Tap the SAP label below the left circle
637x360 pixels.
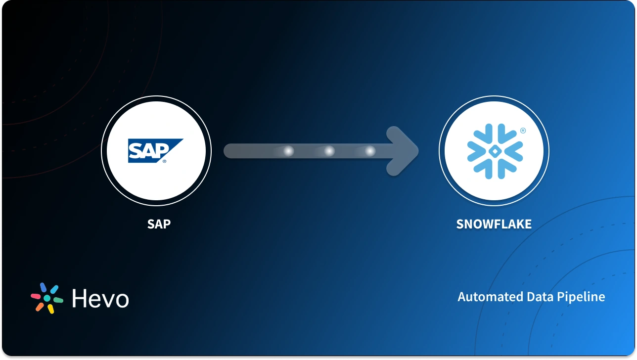(x=159, y=224)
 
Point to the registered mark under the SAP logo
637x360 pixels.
(x=164, y=161)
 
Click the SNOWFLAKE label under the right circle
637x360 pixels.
(x=494, y=224)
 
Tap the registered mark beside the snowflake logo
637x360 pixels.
(x=523, y=131)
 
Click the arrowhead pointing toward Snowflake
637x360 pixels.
(x=403, y=151)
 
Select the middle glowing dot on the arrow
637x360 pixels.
(x=329, y=151)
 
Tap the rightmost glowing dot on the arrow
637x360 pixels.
(x=370, y=151)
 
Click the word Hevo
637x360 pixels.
(x=100, y=299)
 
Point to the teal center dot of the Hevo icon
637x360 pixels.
(x=47, y=298)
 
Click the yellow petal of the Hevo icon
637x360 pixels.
(x=51, y=309)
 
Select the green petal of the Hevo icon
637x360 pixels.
(x=58, y=300)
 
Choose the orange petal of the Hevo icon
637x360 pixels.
(x=40, y=307)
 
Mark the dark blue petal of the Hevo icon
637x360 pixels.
(x=43, y=287)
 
